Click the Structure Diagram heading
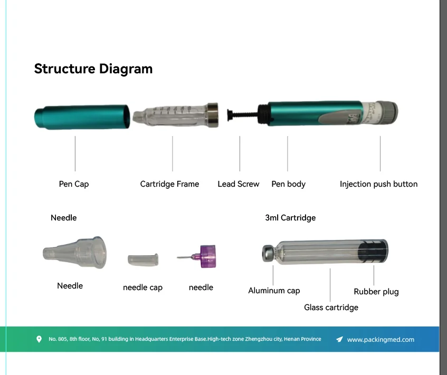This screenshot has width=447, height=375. (93, 69)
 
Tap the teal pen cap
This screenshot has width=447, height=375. (82, 117)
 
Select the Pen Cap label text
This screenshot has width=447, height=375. (74, 184)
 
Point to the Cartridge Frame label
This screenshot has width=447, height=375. (169, 184)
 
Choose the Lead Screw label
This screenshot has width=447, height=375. (239, 184)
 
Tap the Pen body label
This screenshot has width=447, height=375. (288, 184)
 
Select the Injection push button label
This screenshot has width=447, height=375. (378, 184)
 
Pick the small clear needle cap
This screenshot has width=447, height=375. (143, 259)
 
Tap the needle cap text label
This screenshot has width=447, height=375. (142, 287)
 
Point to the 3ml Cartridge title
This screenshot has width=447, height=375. (290, 217)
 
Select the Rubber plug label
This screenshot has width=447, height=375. (376, 292)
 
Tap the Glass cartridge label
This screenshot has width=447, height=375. (331, 307)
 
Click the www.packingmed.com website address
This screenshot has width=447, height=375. (381, 340)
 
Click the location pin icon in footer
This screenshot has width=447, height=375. (39, 339)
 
